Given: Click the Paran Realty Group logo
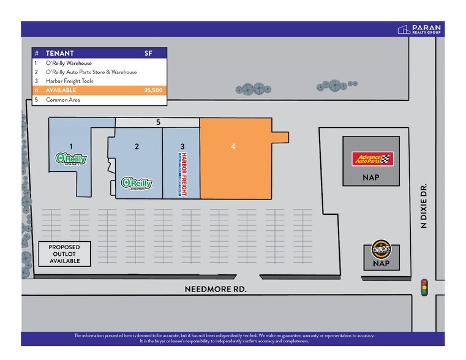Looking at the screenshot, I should pyautogui.click(x=419, y=29).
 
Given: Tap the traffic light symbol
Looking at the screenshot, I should pyautogui.click(x=424, y=287).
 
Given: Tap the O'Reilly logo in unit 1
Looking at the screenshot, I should pyautogui.click(x=71, y=159).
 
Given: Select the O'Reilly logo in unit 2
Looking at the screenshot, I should pyautogui.click(x=137, y=183).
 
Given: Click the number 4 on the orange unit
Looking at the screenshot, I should pyautogui.click(x=233, y=147).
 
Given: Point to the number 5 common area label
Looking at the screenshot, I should pyautogui.click(x=158, y=122).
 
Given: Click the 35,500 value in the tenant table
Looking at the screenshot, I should pyautogui.click(x=153, y=89).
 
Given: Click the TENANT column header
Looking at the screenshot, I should pyautogui.click(x=59, y=53).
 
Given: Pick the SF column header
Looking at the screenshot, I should pyautogui.click(x=148, y=53).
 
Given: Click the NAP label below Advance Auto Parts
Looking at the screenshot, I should pyautogui.click(x=370, y=178).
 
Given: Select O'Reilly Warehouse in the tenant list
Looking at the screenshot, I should pyautogui.click(x=69, y=63).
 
